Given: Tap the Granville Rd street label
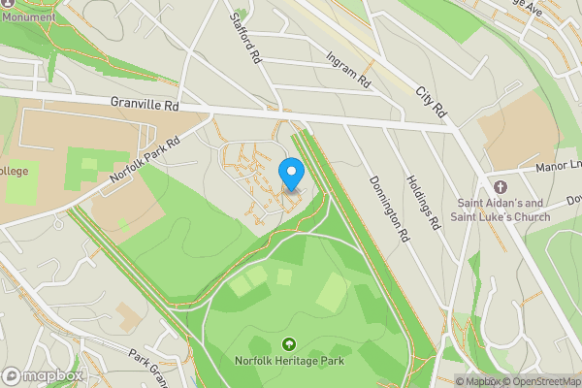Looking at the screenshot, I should [145, 102].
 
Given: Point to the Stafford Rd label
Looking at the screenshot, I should [246, 37].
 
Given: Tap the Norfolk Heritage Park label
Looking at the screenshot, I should [288, 363].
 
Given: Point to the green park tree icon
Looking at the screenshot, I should [288, 344].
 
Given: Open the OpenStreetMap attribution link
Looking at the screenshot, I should [541, 381].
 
